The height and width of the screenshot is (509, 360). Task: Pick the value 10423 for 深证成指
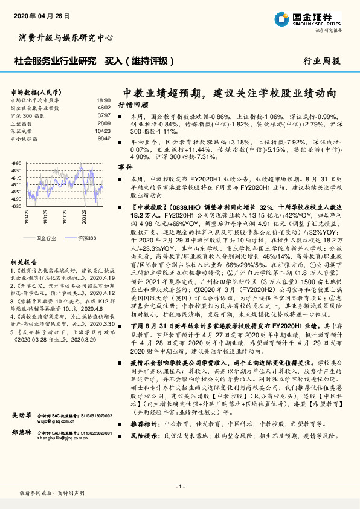(x=103, y=131)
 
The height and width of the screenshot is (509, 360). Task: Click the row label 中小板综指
(x=24, y=138)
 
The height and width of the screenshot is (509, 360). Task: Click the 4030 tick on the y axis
(x=17, y=206)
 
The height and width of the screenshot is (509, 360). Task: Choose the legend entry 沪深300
(x=86, y=238)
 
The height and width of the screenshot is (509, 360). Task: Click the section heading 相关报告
(x=24, y=262)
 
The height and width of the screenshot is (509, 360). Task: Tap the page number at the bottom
(x=179, y=487)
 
